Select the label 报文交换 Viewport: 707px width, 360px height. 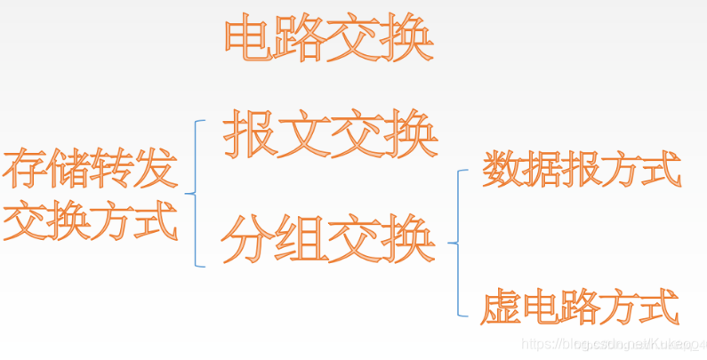[331, 135]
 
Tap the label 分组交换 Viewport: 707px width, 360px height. [328, 238]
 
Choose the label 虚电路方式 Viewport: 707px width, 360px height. [582, 307]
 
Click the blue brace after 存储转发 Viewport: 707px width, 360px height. [197, 192]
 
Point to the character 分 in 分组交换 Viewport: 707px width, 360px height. [249, 238]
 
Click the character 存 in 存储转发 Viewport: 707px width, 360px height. [24, 170]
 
